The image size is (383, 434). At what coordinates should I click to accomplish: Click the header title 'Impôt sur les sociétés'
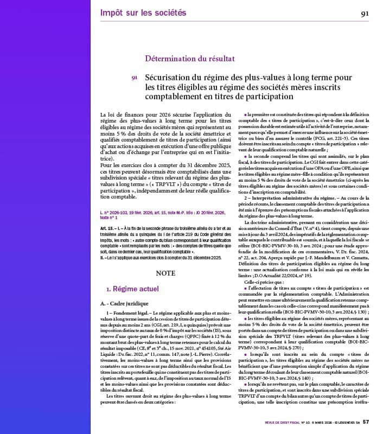click(x=143, y=12)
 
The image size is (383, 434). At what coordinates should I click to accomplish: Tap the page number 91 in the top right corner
click(x=366, y=14)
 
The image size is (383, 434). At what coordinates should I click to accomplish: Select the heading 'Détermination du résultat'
click(x=189, y=58)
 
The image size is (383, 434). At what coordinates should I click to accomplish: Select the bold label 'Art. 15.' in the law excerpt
click(x=107, y=228)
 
